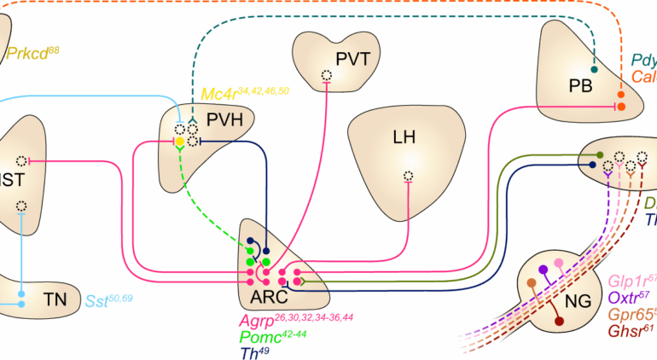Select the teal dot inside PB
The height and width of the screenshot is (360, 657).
(x=595, y=69)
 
